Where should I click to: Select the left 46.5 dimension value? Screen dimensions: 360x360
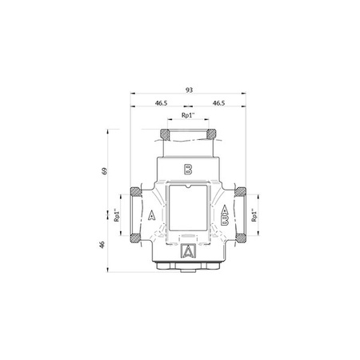[160, 103]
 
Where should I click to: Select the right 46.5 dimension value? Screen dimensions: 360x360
[217, 103]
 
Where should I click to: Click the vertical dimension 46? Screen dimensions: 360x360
[104, 246]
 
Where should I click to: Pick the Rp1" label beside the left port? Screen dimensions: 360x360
[117, 215]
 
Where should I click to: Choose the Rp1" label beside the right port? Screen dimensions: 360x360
[254, 215]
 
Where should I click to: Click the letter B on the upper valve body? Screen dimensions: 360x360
[188, 168]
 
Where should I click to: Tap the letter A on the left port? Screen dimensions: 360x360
[151, 214]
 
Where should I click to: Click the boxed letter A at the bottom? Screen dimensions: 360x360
[188, 251]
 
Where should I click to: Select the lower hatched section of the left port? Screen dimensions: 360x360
[132, 236]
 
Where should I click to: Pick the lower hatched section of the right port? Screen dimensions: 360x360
[244, 236]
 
